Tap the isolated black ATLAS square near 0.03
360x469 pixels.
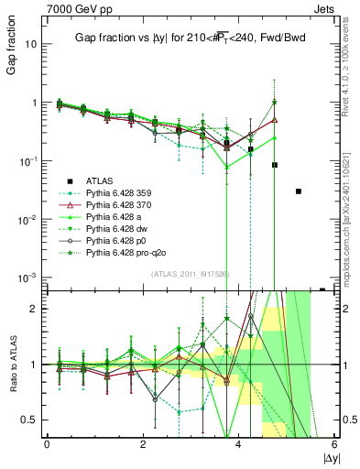[299, 191]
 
